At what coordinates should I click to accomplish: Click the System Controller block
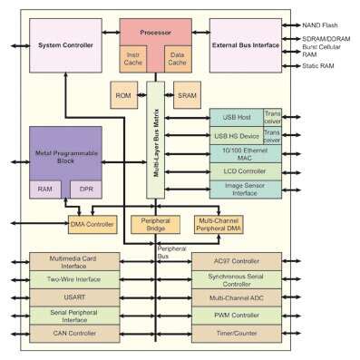[x=64, y=44]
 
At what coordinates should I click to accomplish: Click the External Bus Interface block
[x=245, y=44]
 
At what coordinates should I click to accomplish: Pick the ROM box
[x=124, y=95]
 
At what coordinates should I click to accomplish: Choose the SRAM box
[x=185, y=95]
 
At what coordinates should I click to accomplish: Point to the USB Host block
[x=236, y=118]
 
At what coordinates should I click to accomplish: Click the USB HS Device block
[x=236, y=136]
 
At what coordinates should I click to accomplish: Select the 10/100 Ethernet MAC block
[x=246, y=153]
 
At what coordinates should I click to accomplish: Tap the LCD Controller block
[x=246, y=171]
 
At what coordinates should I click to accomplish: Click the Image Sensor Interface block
[x=246, y=189]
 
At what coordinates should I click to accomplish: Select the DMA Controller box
[x=93, y=223]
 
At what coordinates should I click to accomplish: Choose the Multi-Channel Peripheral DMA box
[x=219, y=223]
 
